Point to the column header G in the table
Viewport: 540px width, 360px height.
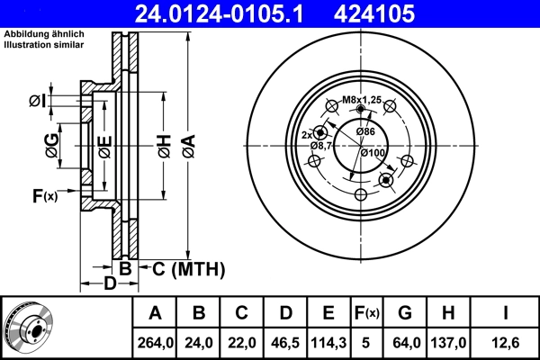[405, 314]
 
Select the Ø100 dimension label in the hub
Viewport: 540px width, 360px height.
[373, 152]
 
